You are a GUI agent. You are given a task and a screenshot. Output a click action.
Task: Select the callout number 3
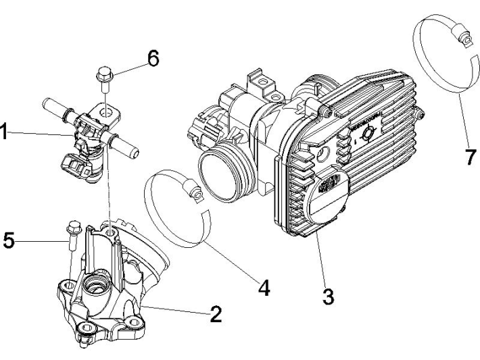(327, 295)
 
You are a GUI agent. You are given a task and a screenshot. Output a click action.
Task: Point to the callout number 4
(263, 288)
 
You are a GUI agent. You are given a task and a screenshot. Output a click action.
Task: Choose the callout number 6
(153, 59)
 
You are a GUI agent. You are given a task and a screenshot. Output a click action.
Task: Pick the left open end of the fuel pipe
(47, 105)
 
